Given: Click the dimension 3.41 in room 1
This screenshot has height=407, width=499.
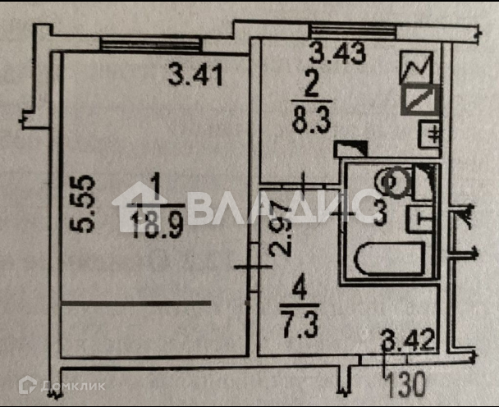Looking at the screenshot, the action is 195,77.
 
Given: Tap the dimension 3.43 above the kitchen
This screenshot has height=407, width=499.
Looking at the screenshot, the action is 336,54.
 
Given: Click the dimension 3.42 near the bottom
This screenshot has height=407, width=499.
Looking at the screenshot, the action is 407,338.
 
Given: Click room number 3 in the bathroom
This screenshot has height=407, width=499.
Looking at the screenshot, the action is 379,217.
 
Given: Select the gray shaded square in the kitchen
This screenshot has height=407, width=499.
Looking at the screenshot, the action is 420,100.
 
